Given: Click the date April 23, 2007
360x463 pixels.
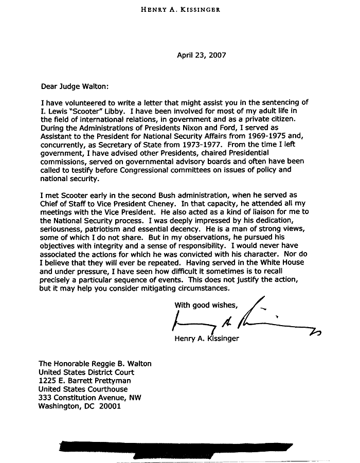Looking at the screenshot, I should (x=201, y=55).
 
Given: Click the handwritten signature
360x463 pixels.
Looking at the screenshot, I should (x=242, y=322).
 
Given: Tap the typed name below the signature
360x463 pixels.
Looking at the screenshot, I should (x=206, y=339).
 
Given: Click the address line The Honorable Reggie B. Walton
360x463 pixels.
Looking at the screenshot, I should (x=95, y=363).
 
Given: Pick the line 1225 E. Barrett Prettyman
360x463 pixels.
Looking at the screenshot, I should (x=85, y=381).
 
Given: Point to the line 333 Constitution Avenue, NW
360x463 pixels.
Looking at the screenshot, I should (x=90, y=398).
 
